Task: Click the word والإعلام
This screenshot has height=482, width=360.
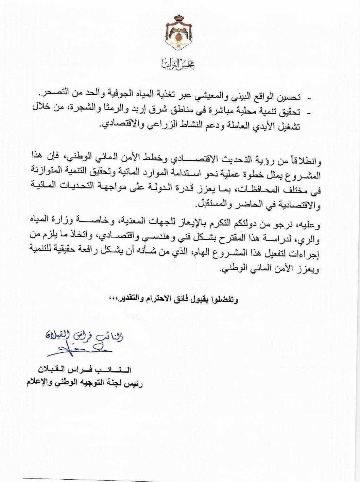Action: (x=39, y=383)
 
